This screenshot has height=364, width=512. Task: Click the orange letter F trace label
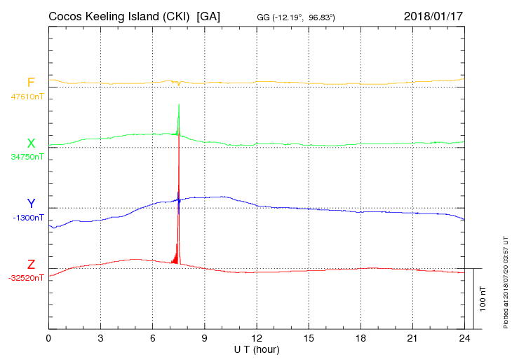[x=31, y=83]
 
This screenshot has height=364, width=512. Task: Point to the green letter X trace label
[x=31, y=143]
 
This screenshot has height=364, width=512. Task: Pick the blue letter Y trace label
[x=31, y=204]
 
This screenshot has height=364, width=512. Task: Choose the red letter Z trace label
[x=31, y=265]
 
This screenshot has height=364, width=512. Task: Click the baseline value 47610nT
[x=27, y=96]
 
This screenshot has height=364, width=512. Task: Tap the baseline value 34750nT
[x=27, y=157]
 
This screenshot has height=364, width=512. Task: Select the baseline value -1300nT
[x=28, y=218]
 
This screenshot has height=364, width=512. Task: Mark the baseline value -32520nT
[x=27, y=278]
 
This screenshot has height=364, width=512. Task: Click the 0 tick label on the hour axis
[x=48, y=338]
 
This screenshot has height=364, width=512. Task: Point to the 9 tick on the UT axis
[x=205, y=338]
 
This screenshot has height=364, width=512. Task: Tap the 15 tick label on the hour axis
[x=309, y=338]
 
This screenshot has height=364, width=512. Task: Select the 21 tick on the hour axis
[x=412, y=338]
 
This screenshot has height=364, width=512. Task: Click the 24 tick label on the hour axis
[x=464, y=338]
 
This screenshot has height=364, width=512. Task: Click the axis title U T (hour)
[x=257, y=349]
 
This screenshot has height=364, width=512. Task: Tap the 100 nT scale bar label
[x=483, y=298]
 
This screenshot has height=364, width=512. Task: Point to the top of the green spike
[x=179, y=104]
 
